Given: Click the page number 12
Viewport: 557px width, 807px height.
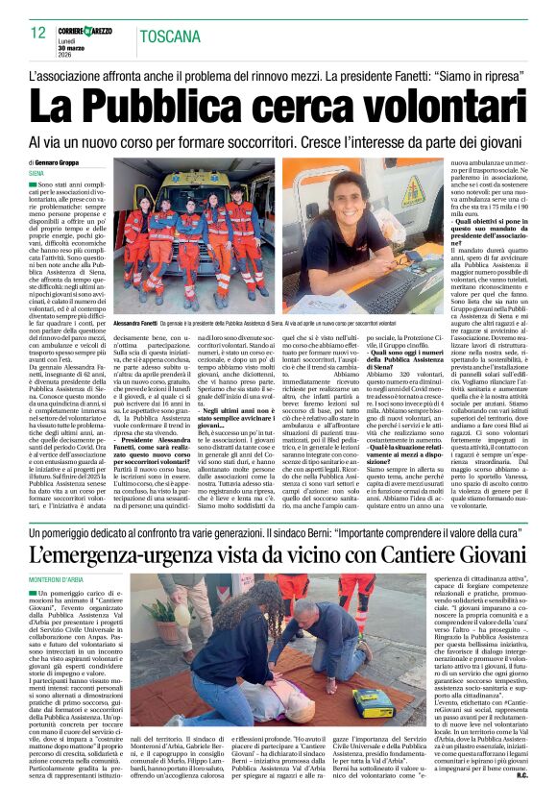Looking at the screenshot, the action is click(x=38, y=33).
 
